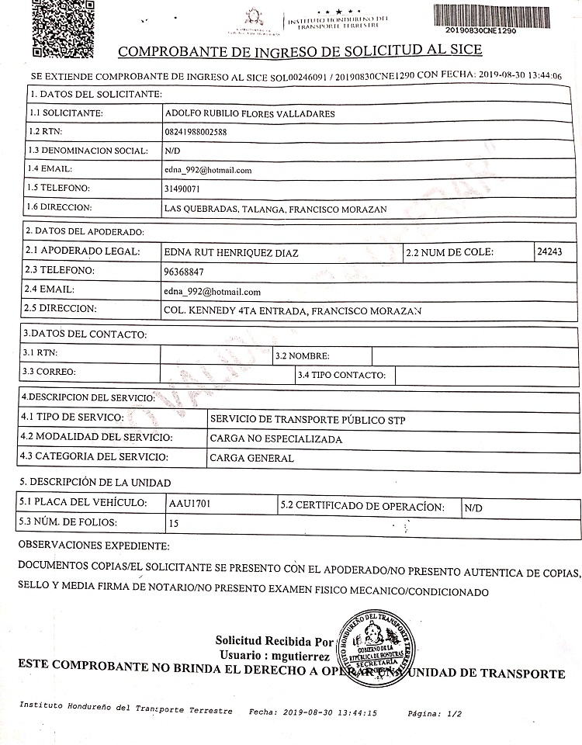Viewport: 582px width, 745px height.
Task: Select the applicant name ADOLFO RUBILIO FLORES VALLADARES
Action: (x=251, y=113)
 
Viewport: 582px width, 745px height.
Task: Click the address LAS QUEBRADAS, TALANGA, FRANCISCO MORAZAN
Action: (x=275, y=209)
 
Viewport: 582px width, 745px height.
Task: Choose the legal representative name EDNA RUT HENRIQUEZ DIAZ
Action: (x=232, y=252)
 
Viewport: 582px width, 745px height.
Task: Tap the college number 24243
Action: (x=555, y=251)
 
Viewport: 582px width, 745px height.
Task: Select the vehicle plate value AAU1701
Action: (x=189, y=504)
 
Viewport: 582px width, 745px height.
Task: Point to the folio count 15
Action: (x=174, y=524)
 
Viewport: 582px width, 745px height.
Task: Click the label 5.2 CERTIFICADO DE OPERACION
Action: (x=362, y=507)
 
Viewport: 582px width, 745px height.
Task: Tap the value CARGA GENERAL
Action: (x=251, y=458)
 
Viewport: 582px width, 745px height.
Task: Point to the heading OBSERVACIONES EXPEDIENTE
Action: (x=93, y=547)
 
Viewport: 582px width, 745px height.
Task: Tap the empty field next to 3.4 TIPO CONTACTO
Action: (x=487, y=375)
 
